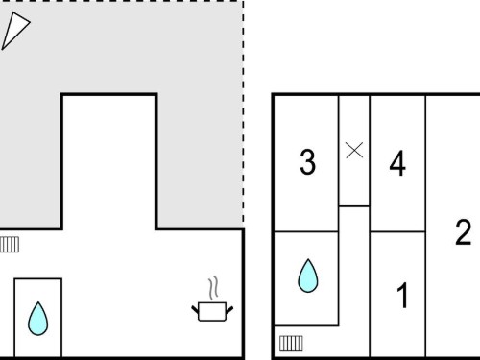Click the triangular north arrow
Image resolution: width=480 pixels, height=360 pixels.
[x=14, y=30]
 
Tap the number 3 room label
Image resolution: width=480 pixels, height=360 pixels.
[x=307, y=162]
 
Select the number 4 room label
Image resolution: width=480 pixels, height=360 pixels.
[x=397, y=163]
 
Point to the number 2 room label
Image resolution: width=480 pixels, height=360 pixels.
[x=464, y=232]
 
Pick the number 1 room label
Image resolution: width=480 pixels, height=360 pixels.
[x=402, y=296]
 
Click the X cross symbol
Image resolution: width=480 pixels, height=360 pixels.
[x=354, y=150]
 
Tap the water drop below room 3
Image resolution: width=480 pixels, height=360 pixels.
[x=308, y=276]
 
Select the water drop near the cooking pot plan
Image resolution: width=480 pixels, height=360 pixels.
[x=38, y=319]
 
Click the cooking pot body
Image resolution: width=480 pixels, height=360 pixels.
[x=212, y=311]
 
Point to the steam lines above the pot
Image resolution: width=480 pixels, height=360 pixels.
[x=213, y=288]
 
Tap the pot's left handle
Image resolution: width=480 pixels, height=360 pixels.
[x=195, y=309]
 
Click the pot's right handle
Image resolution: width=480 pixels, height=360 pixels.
[x=229, y=309]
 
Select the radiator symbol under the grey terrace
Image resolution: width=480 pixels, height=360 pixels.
[x=10, y=245]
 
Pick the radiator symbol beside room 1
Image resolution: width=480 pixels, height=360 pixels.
[x=291, y=344]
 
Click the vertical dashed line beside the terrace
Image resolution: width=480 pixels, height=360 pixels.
[x=244, y=112]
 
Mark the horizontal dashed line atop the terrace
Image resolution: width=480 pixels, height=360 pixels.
[x=122, y=1]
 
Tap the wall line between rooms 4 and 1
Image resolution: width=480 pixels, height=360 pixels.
[x=397, y=231]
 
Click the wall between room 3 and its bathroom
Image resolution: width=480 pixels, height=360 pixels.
[x=306, y=231]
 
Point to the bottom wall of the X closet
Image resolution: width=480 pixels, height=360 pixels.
[x=354, y=206]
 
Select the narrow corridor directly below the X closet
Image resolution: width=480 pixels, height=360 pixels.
[x=354, y=281]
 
